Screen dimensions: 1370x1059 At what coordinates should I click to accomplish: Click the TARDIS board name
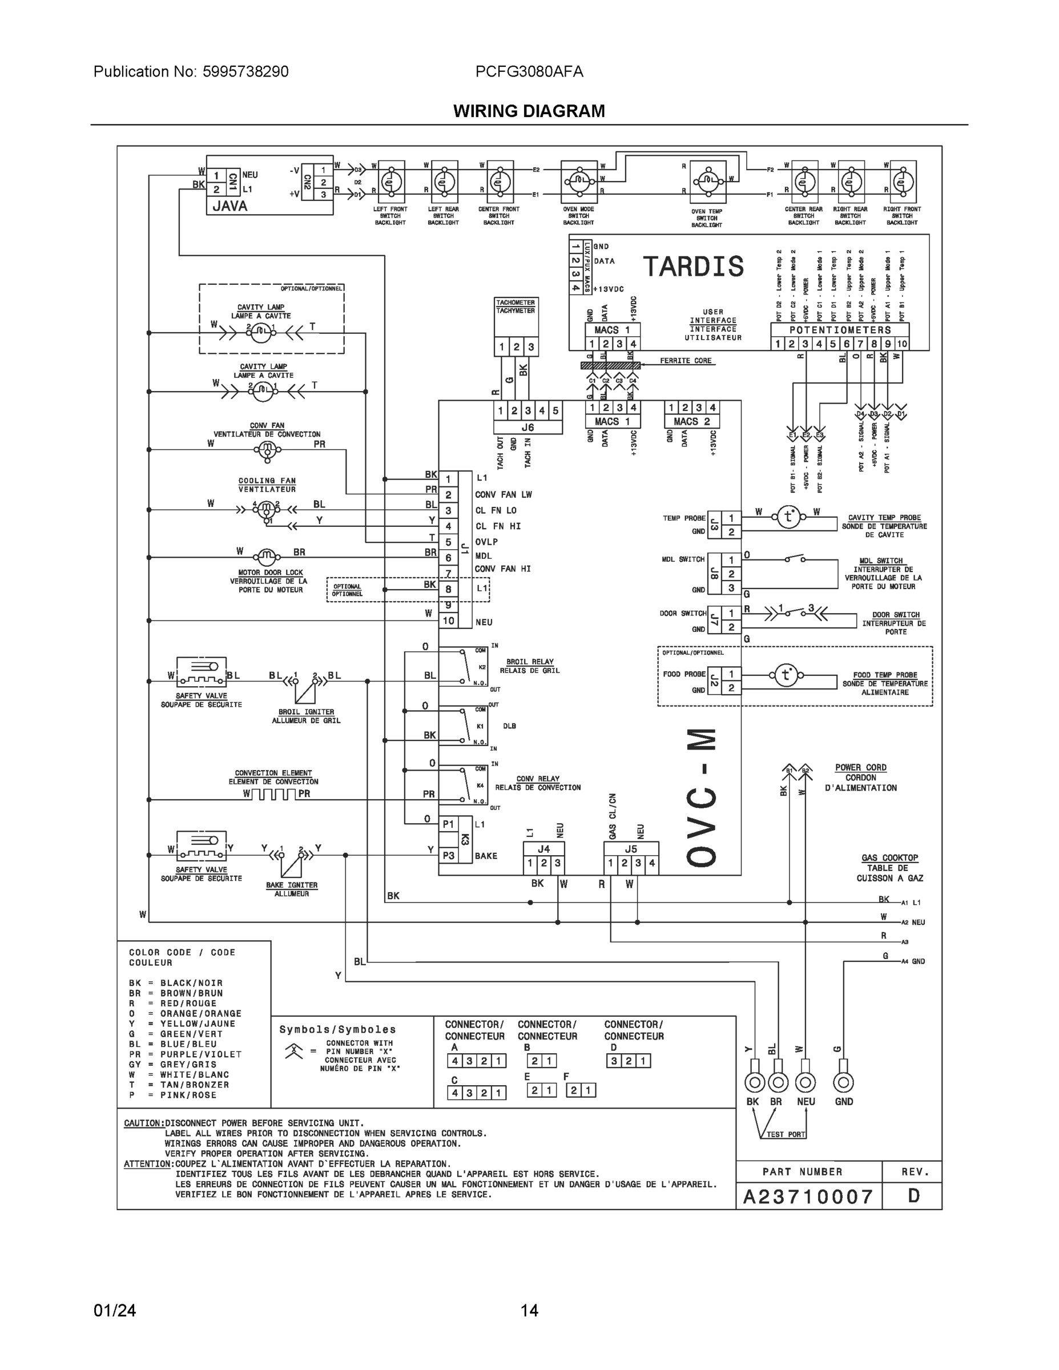[693, 267]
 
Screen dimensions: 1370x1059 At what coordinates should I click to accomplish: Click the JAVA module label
[229, 205]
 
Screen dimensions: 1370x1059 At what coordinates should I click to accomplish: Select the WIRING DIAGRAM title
[529, 111]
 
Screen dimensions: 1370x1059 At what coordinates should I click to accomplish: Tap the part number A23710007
[808, 1197]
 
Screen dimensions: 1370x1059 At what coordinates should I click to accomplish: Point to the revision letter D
[913, 1196]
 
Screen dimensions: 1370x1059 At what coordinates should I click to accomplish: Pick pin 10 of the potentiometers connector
[901, 344]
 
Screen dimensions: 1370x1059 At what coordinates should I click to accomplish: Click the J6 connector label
[528, 427]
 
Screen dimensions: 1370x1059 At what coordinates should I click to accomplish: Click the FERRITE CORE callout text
[686, 361]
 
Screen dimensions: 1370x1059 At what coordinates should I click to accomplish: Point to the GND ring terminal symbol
[843, 1082]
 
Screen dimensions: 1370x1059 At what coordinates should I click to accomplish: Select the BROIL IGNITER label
[306, 712]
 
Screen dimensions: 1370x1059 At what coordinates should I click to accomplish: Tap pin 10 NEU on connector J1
[448, 621]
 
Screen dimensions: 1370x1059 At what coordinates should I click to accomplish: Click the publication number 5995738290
[245, 72]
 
